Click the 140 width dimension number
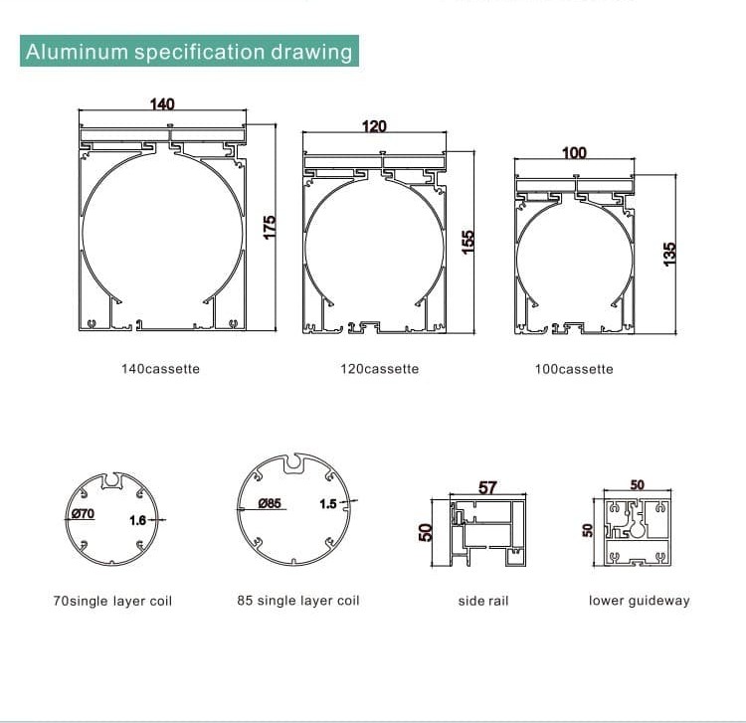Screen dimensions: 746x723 162,103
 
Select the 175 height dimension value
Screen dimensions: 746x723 270,228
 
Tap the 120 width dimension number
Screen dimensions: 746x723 374,126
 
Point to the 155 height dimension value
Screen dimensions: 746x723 468,242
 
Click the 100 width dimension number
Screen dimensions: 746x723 574,153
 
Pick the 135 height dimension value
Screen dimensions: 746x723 669,254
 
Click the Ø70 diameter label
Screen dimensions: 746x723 84,513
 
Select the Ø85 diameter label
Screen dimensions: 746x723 270,503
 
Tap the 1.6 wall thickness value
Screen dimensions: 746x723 138,520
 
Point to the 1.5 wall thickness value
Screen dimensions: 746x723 328,504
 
